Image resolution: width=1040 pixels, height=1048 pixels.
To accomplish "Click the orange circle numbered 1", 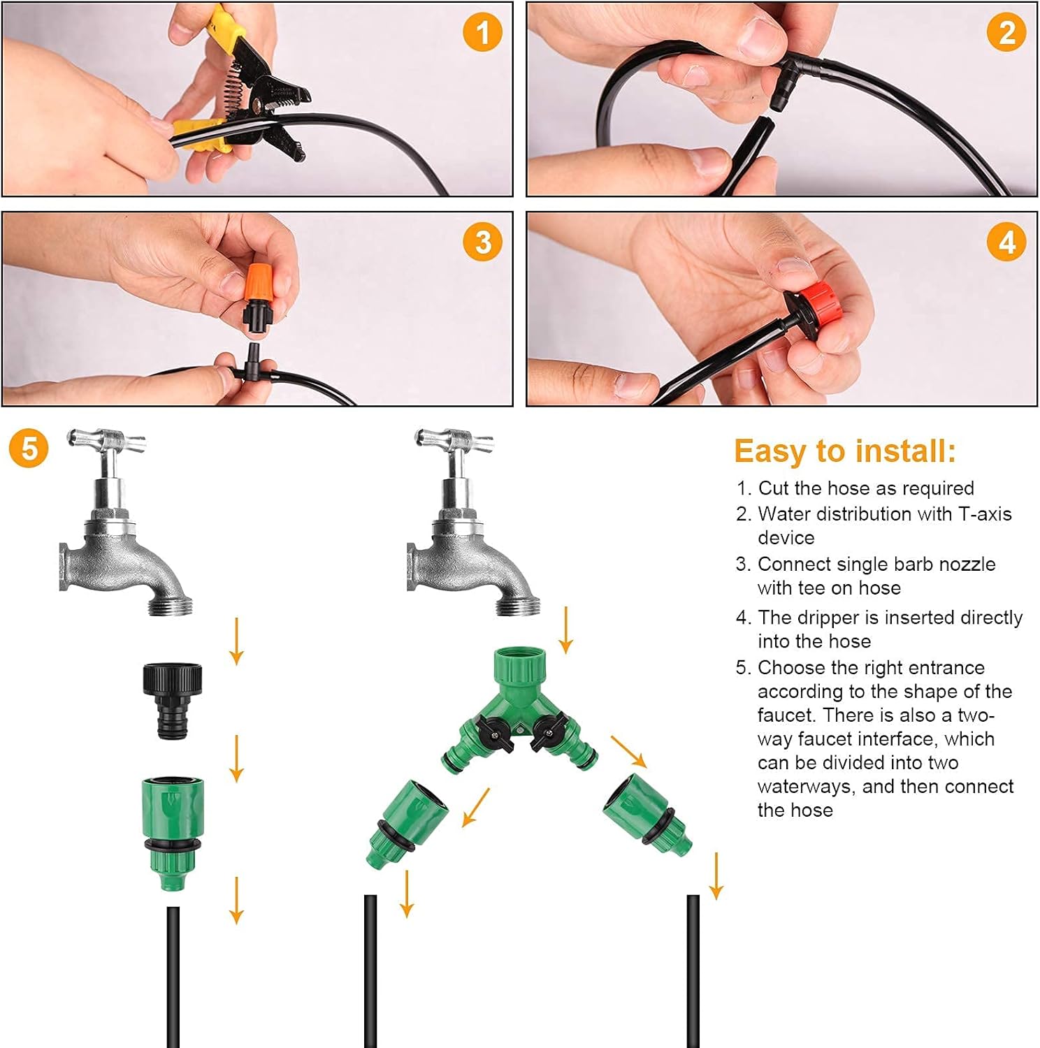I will [x=482, y=33].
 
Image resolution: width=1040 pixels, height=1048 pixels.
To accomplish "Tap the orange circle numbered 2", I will [x=1006, y=33].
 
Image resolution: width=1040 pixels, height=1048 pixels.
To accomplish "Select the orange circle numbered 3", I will [x=482, y=242].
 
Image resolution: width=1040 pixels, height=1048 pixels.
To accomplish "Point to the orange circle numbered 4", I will [x=1006, y=242].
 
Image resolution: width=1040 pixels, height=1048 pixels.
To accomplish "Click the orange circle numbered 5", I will [x=29, y=449].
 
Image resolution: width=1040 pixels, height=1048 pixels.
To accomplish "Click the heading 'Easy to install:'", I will [x=844, y=451].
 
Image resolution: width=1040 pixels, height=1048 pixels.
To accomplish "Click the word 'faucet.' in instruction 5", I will [x=786, y=715].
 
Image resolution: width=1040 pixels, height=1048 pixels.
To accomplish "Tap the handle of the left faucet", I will [x=107, y=442].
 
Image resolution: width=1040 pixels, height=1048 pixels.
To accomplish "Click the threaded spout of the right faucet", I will [x=519, y=602].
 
